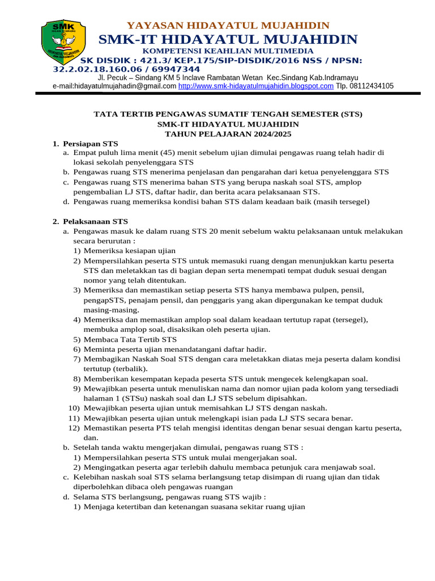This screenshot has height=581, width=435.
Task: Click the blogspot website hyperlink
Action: coord(256,86)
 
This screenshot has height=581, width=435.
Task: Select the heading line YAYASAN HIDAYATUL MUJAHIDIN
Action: coord(228,26)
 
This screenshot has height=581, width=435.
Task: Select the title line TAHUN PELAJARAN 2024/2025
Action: coord(228,134)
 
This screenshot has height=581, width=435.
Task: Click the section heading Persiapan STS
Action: coord(91,144)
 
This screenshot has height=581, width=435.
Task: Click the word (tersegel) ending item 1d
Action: coord(351,201)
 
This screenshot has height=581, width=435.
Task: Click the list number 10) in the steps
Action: coord(74,408)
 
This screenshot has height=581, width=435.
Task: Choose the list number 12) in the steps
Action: coord(74,428)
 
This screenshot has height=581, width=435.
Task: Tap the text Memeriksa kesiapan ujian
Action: coord(130,251)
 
